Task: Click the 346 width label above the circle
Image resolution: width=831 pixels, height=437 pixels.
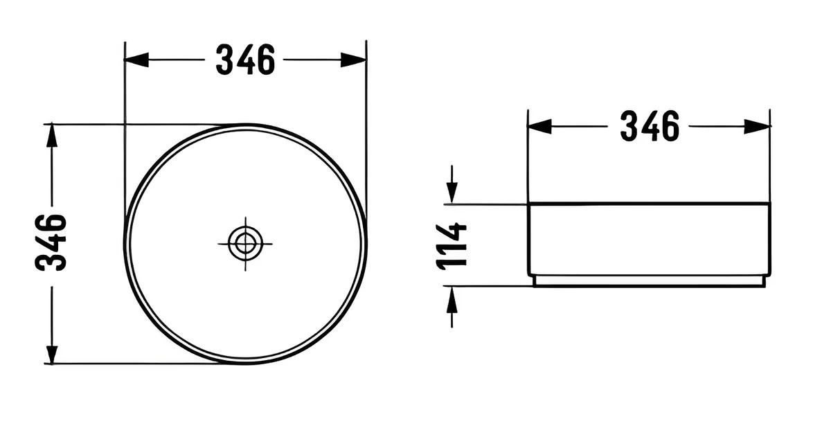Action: pyautogui.click(x=245, y=60)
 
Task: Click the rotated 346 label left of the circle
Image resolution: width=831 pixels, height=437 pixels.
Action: pyautogui.click(x=51, y=242)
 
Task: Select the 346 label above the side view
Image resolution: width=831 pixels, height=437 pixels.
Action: pyautogui.click(x=650, y=126)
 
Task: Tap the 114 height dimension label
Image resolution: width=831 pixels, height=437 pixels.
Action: pyautogui.click(x=451, y=246)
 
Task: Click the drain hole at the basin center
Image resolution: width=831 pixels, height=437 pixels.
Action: pyautogui.click(x=245, y=244)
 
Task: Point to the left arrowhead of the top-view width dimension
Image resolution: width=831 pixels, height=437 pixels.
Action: pyautogui.click(x=136, y=60)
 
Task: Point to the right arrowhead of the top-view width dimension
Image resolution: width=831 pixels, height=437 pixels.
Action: pyautogui.click(x=354, y=60)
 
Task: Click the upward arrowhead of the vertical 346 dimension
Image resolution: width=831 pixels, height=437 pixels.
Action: pyautogui.click(x=51, y=136)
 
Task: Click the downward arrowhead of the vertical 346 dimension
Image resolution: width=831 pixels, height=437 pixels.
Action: pyautogui.click(x=51, y=352)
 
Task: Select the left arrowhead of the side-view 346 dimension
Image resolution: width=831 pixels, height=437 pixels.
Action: pyautogui.click(x=539, y=127)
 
